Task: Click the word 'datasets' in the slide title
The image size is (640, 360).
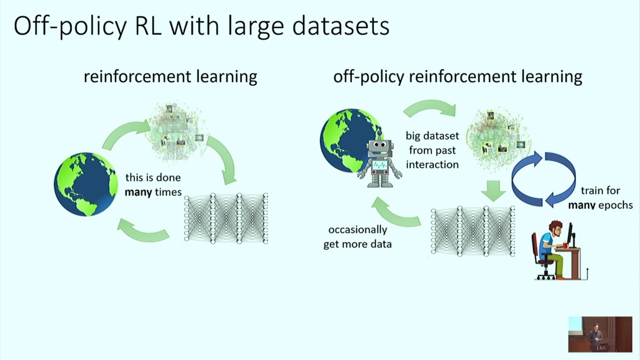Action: click(340, 26)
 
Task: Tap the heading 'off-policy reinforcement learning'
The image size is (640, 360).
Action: click(457, 76)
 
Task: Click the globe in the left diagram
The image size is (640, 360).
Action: click(86, 184)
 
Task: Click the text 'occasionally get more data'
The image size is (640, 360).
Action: click(357, 236)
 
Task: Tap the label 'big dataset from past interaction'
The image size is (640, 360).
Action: click(432, 150)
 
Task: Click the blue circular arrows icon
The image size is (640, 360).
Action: click(543, 179)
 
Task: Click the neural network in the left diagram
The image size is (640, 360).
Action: click(226, 218)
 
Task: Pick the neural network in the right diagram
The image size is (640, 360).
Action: click(472, 231)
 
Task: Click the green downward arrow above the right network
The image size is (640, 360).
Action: click(494, 190)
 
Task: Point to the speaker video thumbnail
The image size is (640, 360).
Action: click(600, 334)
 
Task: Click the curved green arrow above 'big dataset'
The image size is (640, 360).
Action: click(430, 107)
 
